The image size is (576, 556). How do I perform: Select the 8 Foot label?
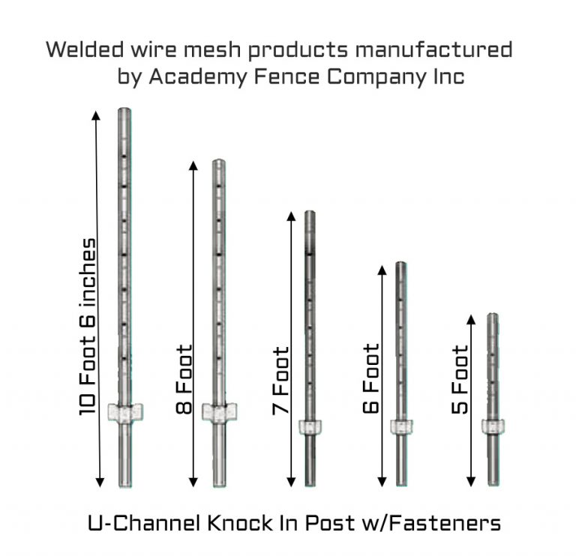coord(184,379)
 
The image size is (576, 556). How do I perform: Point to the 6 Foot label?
coord(370,379)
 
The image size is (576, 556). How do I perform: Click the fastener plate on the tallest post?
coord(125,411)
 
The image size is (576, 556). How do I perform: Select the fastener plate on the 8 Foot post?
coord(219,411)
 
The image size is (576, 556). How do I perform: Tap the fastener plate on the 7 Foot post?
coord(310,427)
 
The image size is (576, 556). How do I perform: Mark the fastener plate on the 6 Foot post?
coord(401,426)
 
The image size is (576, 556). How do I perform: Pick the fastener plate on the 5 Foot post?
coord(493,426)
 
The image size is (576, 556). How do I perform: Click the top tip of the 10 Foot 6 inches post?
coord(124,111)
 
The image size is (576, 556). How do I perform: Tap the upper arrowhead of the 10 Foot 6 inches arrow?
coord(96,115)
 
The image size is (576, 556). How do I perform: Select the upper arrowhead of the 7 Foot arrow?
coord(289,216)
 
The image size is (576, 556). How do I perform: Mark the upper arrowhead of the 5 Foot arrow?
coord(471,319)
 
